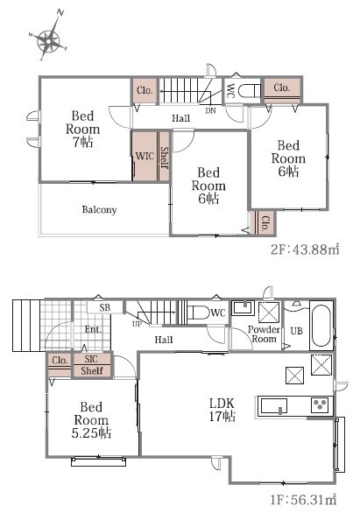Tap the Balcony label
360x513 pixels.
[x=99, y=209]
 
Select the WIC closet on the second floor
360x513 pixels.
[x=145, y=156]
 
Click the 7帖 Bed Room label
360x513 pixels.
[x=83, y=129]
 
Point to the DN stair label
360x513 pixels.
[x=211, y=110]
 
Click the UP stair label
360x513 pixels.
[x=138, y=324]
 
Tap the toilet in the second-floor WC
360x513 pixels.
[x=249, y=91]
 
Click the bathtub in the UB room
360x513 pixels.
[x=321, y=326]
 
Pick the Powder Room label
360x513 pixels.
[x=264, y=334]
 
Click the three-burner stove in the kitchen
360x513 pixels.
[x=320, y=405]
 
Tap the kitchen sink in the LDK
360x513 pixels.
[x=273, y=406]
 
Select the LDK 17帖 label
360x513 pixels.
[x=222, y=410]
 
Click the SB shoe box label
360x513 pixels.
[x=105, y=307]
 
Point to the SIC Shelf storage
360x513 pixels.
[x=92, y=365]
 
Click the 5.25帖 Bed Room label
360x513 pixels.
[x=91, y=420]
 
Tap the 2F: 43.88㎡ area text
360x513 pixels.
[x=305, y=249]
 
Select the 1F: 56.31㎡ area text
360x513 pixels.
[x=303, y=500]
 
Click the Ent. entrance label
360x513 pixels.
[x=93, y=329]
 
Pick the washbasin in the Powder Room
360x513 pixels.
[x=243, y=307]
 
